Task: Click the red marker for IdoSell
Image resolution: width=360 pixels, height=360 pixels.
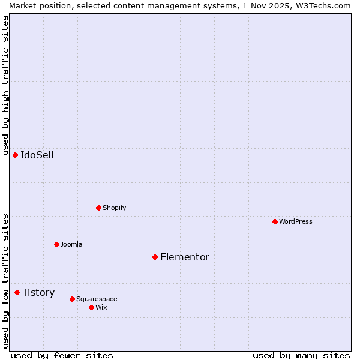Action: click(15, 155)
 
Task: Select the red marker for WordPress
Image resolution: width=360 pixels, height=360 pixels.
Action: click(275, 221)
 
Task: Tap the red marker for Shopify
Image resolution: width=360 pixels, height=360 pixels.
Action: click(98, 208)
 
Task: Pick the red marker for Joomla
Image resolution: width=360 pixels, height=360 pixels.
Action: click(56, 244)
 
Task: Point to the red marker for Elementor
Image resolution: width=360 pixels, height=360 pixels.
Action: click(155, 257)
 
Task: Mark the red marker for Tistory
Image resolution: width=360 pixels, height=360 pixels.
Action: click(17, 292)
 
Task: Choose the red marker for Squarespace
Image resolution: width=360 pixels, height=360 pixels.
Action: click(72, 299)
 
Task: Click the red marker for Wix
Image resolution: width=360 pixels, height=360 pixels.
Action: click(91, 307)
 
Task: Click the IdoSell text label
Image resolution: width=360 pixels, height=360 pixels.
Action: click(37, 155)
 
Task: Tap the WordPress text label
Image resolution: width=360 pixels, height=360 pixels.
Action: click(296, 221)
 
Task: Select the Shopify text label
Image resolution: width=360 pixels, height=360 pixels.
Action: click(115, 208)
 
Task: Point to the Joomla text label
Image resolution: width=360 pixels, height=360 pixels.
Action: click(71, 244)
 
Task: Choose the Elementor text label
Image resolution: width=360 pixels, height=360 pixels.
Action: click(185, 257)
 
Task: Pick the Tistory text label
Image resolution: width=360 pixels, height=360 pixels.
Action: click(38, 293)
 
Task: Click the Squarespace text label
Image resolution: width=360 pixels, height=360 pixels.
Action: click(97, 299)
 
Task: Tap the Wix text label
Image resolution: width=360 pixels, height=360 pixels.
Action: click(101, 307)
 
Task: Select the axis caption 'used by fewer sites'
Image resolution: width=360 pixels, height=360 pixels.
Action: click(62, 355)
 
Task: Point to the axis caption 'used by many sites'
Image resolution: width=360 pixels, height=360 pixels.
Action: click(301, 355)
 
